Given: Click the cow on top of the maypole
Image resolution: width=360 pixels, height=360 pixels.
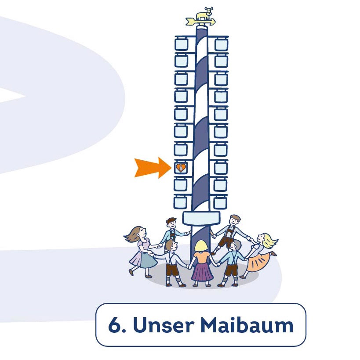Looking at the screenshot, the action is [x=204, y=14].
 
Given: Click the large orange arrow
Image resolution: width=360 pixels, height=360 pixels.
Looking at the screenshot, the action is [x=152, y=167].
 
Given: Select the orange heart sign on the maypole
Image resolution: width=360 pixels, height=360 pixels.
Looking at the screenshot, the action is [x=181, y=167].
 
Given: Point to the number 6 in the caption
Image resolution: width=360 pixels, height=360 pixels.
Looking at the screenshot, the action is [x=113, y=326].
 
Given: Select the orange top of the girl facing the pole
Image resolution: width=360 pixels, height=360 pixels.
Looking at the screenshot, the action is [x=202, y=256].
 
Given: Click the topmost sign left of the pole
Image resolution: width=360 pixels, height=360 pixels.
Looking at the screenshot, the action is [x=181, y=44].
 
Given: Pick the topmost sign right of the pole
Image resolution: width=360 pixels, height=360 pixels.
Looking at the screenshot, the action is [x=221, y=44].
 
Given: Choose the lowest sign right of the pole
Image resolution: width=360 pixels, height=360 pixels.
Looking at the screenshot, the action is [x=221, y=202].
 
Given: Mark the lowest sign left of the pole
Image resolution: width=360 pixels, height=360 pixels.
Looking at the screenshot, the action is [x=181, y=202].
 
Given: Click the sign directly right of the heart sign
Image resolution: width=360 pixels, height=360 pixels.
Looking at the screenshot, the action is [x=221, y=167].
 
